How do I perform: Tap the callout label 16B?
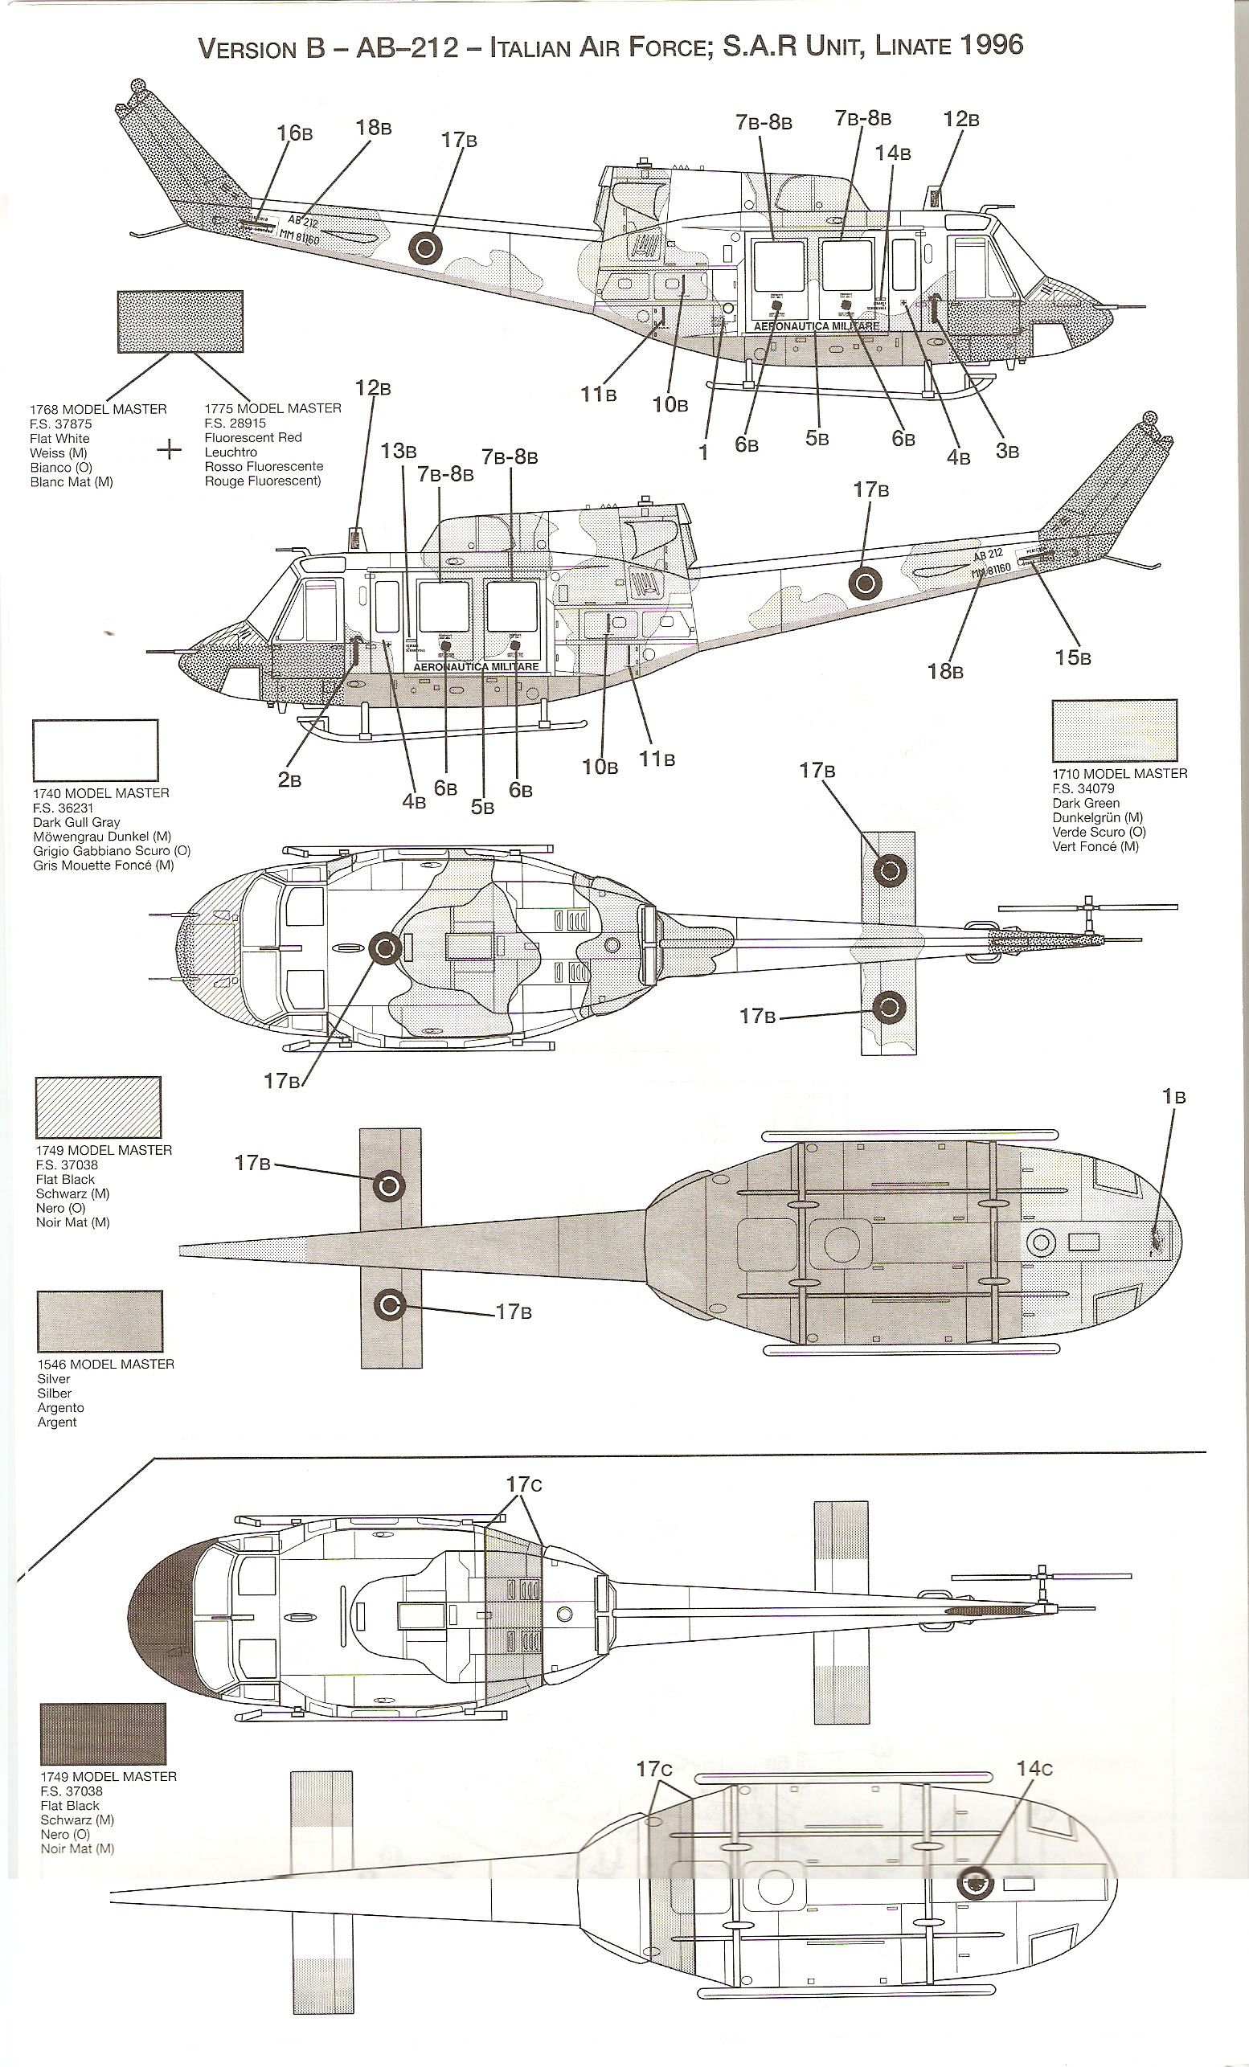294,133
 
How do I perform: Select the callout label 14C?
1034,1767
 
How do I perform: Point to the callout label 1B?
1173,1096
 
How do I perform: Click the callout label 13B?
399,452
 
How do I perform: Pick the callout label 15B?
1073,657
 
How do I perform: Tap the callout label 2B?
289,780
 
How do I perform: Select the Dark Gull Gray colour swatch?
96,750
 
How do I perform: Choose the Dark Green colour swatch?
1114,731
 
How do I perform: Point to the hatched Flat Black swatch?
98,1107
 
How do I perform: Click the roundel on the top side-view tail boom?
424,248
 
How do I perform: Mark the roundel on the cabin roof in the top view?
385,949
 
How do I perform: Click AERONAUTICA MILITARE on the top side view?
816,326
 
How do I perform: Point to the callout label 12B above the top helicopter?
960,119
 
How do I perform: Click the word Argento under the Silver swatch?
60,1408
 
